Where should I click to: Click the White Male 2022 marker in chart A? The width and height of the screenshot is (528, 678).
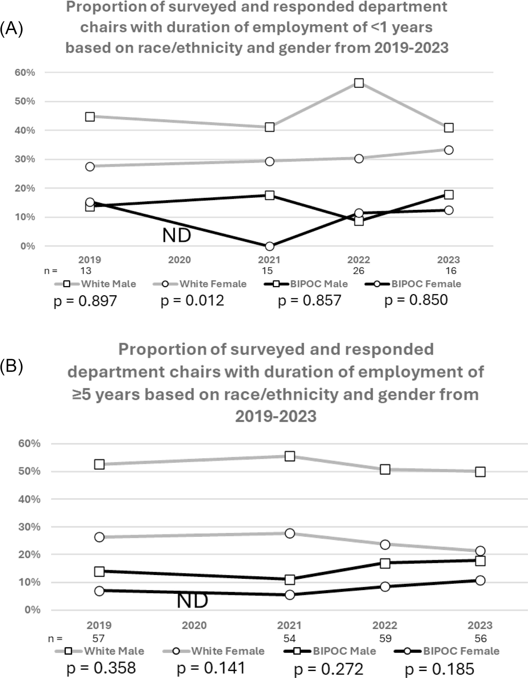point(359,83)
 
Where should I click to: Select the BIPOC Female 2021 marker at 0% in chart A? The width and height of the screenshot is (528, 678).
point(269,246)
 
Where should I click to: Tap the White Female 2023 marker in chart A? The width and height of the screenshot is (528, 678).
point(449,150)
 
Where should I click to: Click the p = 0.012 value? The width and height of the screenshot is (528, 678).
point(192,301)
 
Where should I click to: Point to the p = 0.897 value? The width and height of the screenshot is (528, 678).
point(85,301)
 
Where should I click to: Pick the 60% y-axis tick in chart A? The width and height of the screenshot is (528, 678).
point(25,73)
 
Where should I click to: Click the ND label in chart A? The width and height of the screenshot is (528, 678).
point(177,235)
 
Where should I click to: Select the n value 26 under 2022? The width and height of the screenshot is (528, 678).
point(358,271)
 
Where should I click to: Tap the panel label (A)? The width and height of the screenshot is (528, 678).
point(11,28)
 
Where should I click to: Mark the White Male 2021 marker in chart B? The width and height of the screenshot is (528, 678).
point(290,456)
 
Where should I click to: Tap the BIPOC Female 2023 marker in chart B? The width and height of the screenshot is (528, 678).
point(480,580)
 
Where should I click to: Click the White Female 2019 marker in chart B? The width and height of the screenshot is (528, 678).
point(99,537)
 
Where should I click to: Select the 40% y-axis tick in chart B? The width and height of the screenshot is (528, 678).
point(29,499)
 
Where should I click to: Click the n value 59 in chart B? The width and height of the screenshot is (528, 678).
point(385,639)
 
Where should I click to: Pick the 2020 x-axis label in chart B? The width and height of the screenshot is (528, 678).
point(194,625)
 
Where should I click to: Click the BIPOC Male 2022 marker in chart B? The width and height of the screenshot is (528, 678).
point(385,563)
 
